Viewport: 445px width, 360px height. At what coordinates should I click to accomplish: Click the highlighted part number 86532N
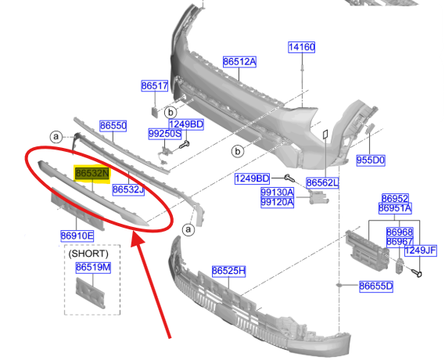92,173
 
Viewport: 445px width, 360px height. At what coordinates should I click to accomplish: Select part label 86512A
239,62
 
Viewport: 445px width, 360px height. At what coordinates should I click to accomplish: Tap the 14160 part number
301,47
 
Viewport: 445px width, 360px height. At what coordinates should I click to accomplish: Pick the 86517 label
155,85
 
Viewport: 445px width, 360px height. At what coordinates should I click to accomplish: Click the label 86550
113,125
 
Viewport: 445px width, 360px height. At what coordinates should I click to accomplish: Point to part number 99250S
165,134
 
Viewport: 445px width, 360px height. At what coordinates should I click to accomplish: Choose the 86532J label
128,189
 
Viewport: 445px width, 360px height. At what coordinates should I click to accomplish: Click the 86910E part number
77,236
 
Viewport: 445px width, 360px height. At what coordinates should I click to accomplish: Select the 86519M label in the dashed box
93,267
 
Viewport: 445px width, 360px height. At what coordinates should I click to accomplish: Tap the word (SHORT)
88,254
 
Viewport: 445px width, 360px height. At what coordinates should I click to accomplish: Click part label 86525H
228,271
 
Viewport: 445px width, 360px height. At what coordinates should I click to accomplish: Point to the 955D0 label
371,160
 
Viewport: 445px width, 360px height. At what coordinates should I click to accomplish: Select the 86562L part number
322,182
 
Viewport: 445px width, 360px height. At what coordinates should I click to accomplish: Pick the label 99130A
277,193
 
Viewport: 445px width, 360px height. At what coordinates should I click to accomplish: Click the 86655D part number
376,286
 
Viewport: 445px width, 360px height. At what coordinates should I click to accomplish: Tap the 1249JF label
420,250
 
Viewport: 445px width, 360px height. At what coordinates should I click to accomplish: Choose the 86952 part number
395,199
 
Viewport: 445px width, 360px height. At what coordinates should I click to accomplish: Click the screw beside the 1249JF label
417,273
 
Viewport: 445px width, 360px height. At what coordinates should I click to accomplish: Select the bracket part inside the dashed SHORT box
91,293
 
